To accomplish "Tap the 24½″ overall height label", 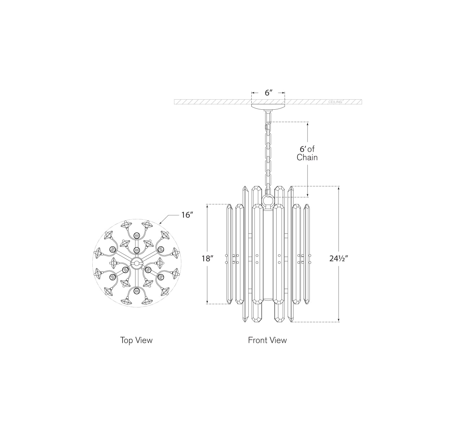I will [338, 258].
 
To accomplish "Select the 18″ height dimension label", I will [207, 258].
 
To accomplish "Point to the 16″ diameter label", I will [187, 215].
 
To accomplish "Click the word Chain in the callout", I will [307, 158].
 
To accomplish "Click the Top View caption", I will [136, 340].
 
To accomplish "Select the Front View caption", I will [267, 340].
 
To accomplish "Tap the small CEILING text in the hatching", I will [335, 102].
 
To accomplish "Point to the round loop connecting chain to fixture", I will [268, 201].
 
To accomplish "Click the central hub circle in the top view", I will [137, 263].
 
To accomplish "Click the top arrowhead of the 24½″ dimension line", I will [339, 188].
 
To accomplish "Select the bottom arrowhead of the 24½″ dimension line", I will [339, 320].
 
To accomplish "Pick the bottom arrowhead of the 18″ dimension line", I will [207, 302].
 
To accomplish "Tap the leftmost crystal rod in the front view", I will [229, 254].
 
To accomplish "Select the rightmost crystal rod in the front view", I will [307, 254].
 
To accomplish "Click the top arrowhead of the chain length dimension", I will [308, 124].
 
